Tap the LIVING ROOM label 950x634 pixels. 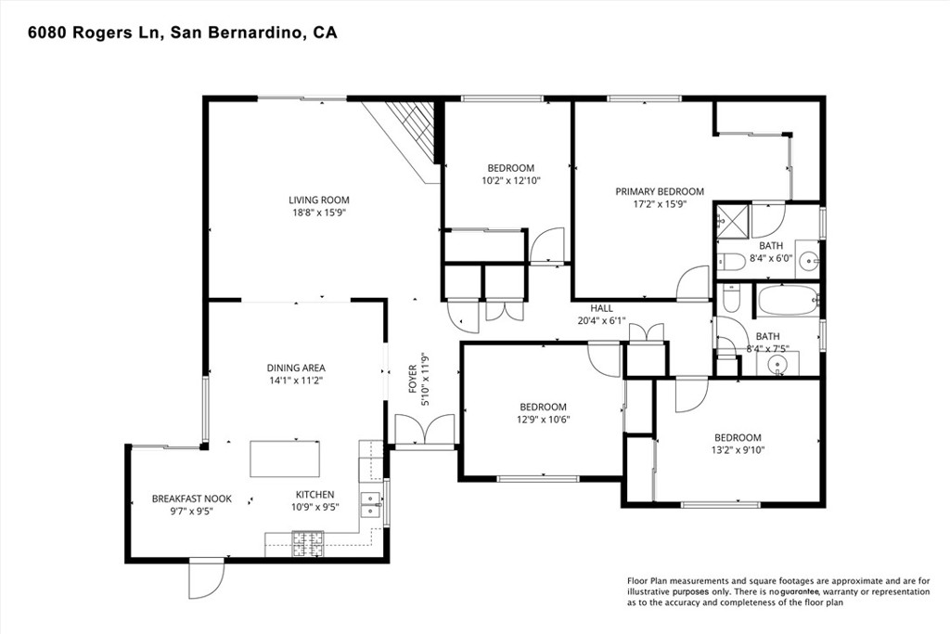coord(318,200)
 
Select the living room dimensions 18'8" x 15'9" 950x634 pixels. coord(318,213)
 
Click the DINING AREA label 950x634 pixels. coord(295,368)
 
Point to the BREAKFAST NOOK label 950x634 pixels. coord(191,498)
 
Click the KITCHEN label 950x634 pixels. coord(315,494)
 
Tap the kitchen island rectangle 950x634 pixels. coord(286,459)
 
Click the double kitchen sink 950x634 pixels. coord(371,503)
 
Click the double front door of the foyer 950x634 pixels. coord(424,431)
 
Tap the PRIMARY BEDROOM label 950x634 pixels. coord(660,191)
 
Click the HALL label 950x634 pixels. coord(602,308)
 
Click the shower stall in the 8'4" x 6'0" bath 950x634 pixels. coord(731,222)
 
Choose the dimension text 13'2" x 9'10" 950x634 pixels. coord(738,450)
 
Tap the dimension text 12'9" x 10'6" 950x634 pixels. coord(543,419)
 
